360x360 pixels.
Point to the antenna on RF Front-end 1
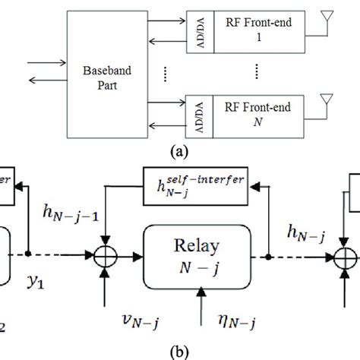coord(328,21)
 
